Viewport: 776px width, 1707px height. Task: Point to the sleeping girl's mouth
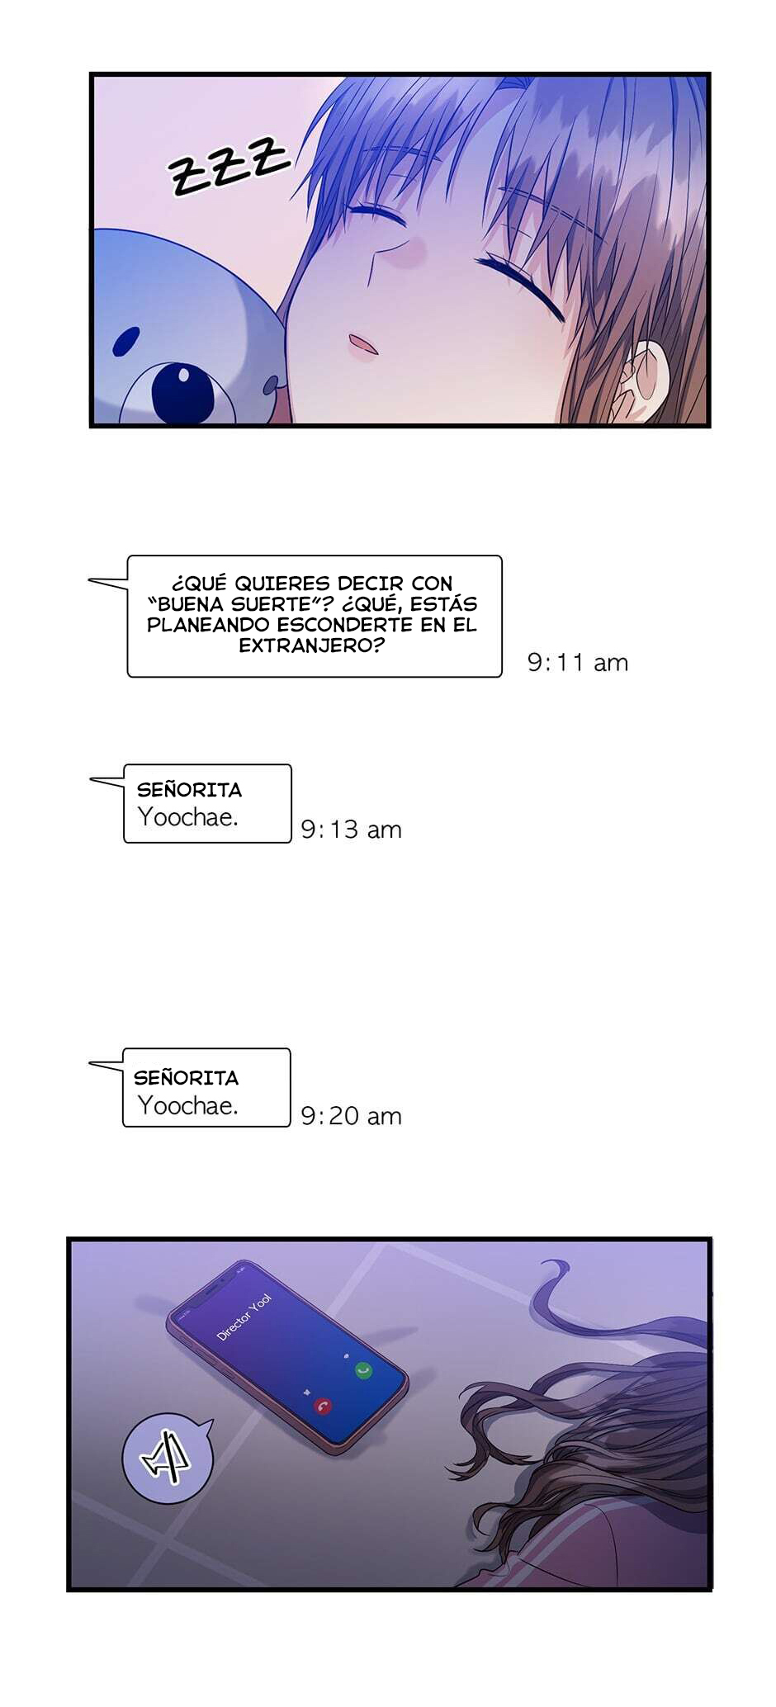coord(362,344)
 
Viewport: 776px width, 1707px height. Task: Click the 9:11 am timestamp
coord(577,662)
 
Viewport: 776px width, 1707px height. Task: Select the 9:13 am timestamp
coord(351,829)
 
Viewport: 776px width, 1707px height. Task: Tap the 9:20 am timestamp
coord(351,1115)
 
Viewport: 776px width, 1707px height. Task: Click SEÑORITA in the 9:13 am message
coord(189,790)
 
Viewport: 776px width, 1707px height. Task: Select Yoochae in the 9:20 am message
coord(187,1105)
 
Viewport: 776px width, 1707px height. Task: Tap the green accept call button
coord(363,1370)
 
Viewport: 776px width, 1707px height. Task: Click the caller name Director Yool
coord(244,1317)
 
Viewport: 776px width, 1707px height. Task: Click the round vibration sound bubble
coord(168,1458)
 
